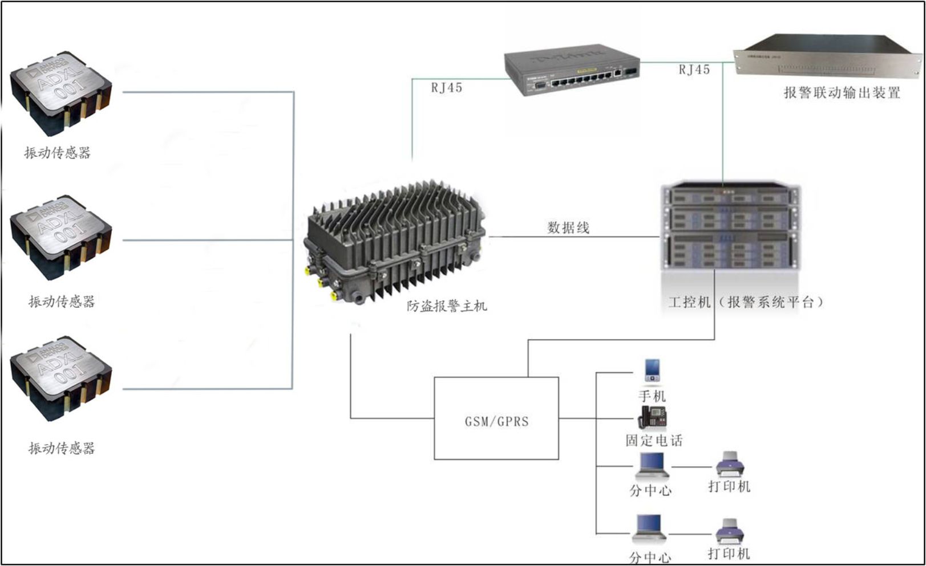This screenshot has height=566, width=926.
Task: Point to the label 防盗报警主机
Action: (x=447, y=306)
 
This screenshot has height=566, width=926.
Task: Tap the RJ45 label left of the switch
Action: (x=446, y=88)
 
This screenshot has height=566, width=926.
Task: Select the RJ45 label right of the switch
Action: (x=694, y=70)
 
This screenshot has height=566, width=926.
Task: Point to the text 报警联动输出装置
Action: (x=842, y=93)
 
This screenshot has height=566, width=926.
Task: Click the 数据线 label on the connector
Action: (x=568, y=227)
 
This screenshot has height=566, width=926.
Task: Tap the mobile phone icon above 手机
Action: (x=652, y=370)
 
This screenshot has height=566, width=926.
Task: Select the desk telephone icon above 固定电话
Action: (x=652, y=417)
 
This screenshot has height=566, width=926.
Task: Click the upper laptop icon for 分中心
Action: (x=651, y=466)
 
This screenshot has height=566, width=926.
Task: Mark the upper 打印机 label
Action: (x=729, y=486)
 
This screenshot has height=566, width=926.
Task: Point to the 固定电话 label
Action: (x=654, y=440)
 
